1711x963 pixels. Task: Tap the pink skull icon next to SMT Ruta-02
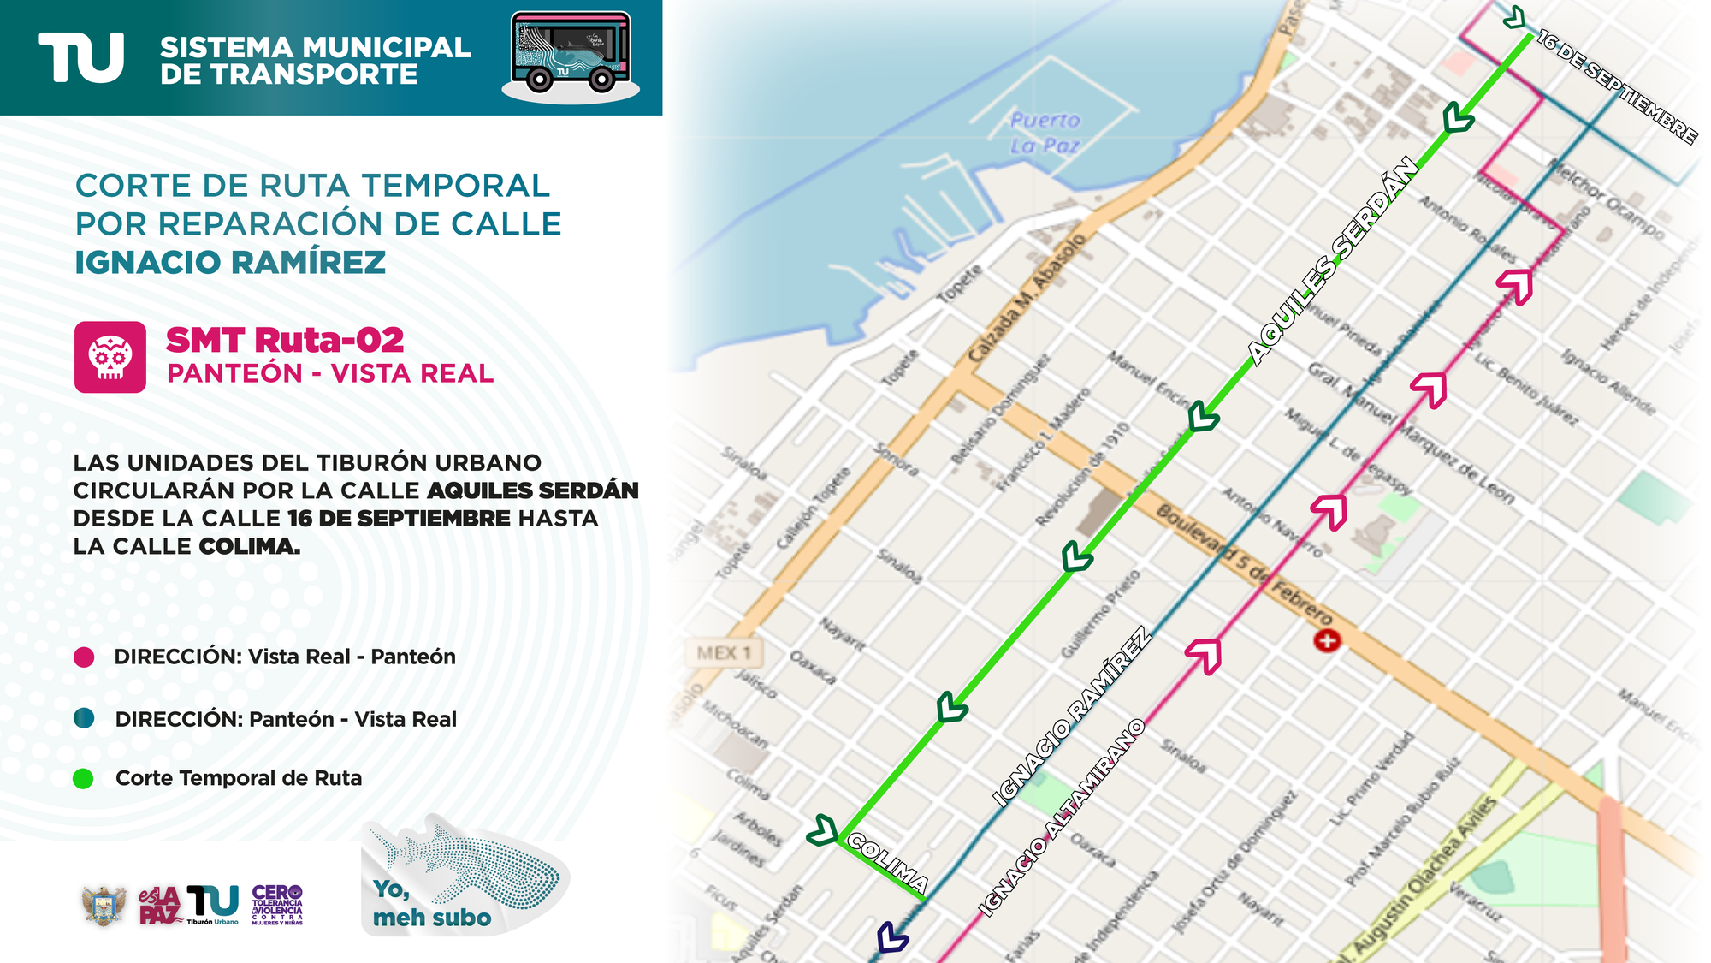110,357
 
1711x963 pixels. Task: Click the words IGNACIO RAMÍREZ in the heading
230,263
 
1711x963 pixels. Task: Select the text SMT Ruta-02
285,340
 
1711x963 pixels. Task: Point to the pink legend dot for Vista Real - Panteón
84,657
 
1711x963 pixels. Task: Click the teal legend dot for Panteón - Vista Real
84,719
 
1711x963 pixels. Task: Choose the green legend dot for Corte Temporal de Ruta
84,779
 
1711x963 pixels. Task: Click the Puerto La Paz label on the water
1045,133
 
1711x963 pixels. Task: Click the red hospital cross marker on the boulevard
1327,640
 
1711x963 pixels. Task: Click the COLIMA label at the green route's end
890,865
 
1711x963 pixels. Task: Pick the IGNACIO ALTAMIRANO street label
1062,817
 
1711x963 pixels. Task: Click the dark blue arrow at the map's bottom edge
891,936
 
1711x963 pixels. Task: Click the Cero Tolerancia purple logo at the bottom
277,906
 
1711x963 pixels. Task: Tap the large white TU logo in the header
82,58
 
